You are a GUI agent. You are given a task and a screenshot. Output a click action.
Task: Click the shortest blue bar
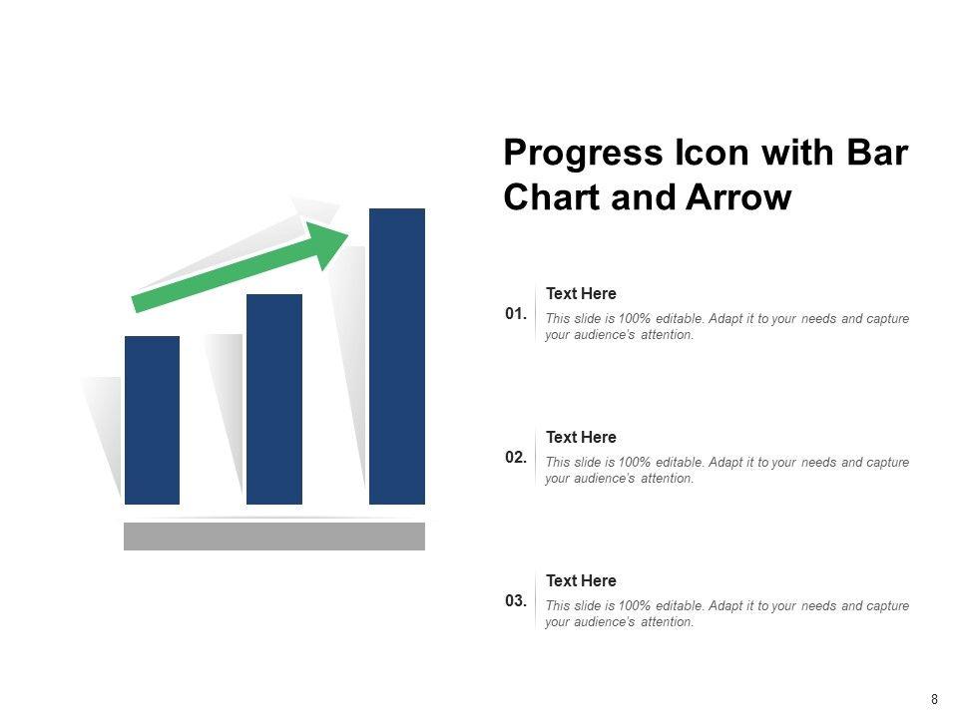pyautogui.click(x=152, y=420)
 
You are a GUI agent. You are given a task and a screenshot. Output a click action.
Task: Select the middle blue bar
pyautogui.click(x=274, y=399)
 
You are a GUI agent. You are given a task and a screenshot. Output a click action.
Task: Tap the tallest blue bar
pyautogui.click(x=397, y=357)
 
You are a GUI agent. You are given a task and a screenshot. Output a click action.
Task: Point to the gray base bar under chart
pyautogui.click(x=274, y=537)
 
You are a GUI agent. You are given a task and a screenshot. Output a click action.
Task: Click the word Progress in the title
pyautogui.click(x=583, y=154)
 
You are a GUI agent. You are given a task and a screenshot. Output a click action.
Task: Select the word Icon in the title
pyautogui.click(x=712, y=152)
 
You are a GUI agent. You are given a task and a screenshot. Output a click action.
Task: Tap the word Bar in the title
pyautogui.click(x=877, y=152)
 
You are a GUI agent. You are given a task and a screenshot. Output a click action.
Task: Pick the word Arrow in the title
pyautogui.click(x=738, y=197)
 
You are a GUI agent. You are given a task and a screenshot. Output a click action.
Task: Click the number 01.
pyautogui.click(x=516, y=314)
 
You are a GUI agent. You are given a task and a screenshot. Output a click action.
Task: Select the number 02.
pyautogui.click(x=516, y=458)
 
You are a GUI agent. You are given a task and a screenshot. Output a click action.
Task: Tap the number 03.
pyautogui.click(x=516, y=600)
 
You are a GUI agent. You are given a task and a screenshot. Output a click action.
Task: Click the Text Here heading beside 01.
pyautogui.click(x=581, y=293)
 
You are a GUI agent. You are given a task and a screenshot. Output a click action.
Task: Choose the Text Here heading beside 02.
pyautogui.click(x=581, y=437)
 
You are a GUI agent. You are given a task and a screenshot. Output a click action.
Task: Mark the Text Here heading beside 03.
pyautogui.click(x=581, y=580)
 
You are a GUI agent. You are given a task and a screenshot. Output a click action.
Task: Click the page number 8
pyautogui.click(x=934, y=699)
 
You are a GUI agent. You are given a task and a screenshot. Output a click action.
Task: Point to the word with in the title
pyautogui.click(x=798, y=152)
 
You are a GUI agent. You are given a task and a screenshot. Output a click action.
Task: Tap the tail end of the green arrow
pyautogui.click(x=136, y=305)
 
